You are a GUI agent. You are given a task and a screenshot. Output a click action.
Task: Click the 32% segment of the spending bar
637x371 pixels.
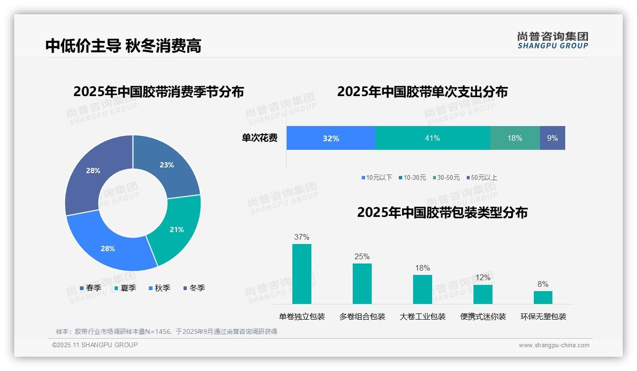coord(331,138)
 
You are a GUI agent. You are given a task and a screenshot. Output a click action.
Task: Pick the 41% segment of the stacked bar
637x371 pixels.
coord(432,138)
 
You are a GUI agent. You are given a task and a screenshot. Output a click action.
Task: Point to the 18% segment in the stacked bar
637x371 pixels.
coord(514,138)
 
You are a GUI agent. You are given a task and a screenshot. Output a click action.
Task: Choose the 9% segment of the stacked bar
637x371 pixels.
coord(552,138)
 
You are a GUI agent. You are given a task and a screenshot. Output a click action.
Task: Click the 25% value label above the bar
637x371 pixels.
coord(362,256)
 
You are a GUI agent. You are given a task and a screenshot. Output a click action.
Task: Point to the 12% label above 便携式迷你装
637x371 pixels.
coord(483,277)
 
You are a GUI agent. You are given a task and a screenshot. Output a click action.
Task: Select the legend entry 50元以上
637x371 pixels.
coord(483,177)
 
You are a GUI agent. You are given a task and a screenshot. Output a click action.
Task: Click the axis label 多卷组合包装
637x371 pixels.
coord(362,316)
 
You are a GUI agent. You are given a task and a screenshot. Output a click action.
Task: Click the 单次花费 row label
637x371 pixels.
coord(260,138)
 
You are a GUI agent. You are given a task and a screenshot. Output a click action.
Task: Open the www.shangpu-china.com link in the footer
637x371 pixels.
coord(554,345)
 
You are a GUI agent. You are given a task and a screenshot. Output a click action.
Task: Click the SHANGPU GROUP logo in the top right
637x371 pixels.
coord(552,40)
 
